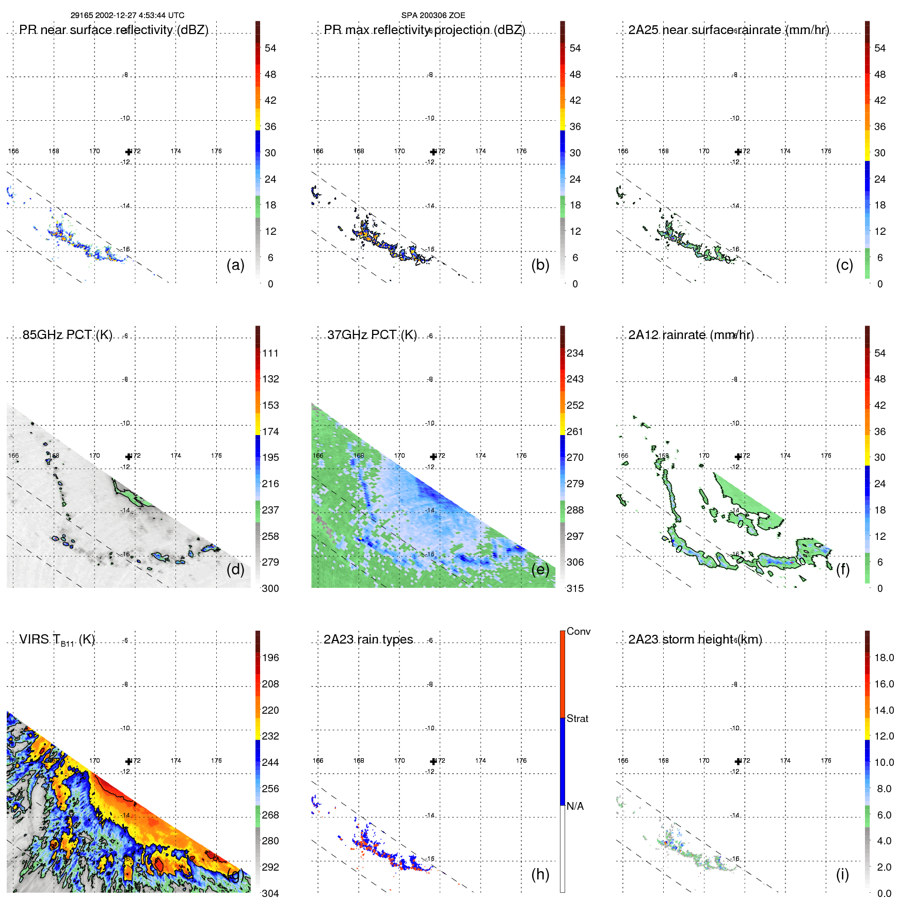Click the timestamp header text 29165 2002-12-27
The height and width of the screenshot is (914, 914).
[x=127, y=15]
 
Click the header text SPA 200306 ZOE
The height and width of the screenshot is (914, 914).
[x=433, y=15]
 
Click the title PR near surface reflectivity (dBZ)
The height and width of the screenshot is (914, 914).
[x=114, y=30]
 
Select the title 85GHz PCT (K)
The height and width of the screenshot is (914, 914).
[x=67, y=335]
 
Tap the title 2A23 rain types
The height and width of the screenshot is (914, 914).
[x=368, y=639]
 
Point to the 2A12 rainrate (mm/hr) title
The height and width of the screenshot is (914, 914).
[x=691, y=335]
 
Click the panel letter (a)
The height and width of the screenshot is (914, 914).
[x=235, y=265]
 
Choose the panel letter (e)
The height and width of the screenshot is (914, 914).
[x=540, y=569]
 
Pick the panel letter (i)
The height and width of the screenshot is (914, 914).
[x=842, y=874]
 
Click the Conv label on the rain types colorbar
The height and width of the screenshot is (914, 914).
[x=578, y=631]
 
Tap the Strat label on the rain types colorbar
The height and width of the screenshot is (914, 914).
[x=577, y=718]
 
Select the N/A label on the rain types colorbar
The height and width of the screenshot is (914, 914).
[x=575, y=806]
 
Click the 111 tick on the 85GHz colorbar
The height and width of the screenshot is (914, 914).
[x=270, y=353]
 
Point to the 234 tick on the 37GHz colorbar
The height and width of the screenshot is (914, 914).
[x=575, y=353]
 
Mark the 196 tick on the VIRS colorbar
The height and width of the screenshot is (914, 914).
[x=270, y=658]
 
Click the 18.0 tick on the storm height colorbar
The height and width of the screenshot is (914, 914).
[x=884, y=658]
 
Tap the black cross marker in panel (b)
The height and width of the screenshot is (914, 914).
[x=433, y=152]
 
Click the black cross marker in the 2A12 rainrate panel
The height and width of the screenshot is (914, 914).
[x=738, y=456]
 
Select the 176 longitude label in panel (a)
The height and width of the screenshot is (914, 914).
[x=216, y=151]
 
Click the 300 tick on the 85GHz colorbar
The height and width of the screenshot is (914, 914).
[x=270, y=588]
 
